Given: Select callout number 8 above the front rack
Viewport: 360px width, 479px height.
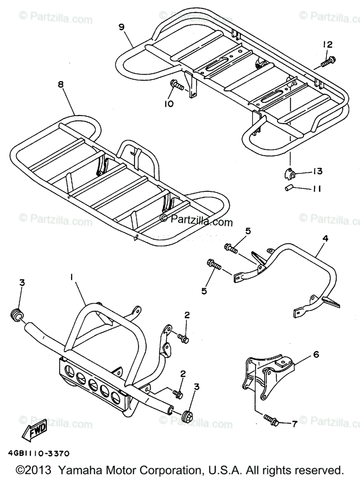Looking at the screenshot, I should click(x=60, y=84).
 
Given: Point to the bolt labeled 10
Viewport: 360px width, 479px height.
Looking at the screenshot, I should click(x=176, y=85).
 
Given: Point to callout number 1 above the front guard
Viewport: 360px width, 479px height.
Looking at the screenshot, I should click(x=72, y=277).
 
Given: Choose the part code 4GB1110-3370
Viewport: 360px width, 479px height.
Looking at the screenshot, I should click(x=38, y=453).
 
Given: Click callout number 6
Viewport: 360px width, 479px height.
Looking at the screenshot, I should click(x=316, y=354).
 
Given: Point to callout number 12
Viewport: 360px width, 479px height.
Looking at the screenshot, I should click(x=327, y=44).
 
